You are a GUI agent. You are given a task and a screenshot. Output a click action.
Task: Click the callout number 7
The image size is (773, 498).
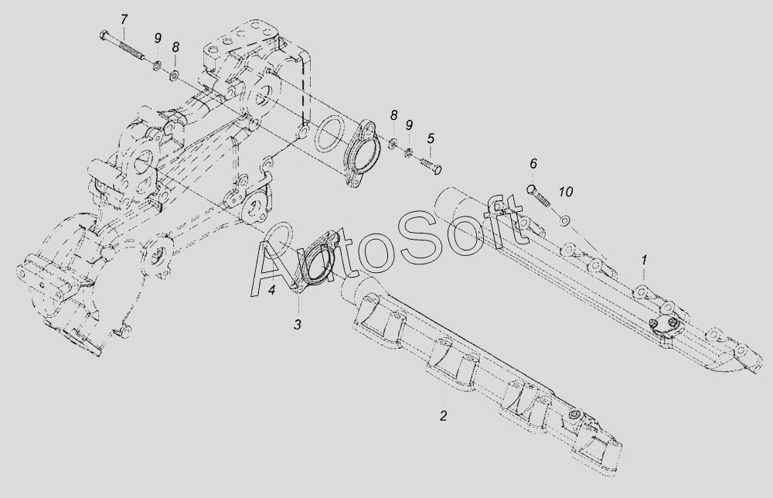point(125,19)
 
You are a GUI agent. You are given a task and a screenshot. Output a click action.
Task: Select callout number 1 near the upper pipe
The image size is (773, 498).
point(643,260)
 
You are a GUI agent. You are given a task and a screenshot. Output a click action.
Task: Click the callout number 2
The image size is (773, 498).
point(443,415)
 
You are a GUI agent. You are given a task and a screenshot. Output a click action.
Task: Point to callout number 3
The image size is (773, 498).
point(298,324)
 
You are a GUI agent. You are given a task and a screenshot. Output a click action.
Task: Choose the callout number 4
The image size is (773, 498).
point(271,291)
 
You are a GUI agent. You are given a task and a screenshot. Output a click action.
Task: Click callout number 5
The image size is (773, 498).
point(431,138)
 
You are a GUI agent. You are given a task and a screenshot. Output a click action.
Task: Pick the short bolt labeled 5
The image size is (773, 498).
point(430,165)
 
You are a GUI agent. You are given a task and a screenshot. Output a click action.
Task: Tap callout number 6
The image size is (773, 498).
point(533,164)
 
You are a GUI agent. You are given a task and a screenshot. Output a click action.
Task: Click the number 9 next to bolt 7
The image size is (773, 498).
point(157,38)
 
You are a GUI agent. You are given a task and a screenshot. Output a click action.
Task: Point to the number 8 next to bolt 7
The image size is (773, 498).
point(175,46)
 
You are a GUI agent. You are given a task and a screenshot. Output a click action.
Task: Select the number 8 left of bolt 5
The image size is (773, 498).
point(393,115)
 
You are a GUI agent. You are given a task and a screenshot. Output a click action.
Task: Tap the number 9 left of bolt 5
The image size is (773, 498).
point(409,124)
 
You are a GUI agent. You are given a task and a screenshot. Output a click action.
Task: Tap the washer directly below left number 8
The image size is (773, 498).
point(175,75)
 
